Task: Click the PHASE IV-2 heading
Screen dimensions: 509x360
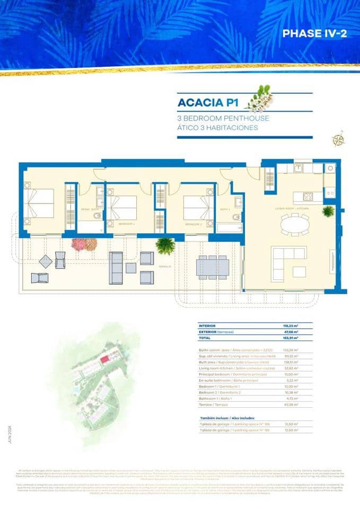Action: coord(314,34)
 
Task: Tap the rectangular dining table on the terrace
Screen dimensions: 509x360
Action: coord(213,266)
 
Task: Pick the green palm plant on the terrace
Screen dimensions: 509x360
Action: coord(165,245)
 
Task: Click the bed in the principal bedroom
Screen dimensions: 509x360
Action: coord(39,203)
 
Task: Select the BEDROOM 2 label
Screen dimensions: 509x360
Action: coord(192,224)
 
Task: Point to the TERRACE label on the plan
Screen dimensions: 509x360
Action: coord(164,266)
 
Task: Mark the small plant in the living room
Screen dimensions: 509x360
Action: coord(328,211)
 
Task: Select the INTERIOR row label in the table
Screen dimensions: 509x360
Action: coord(208,326)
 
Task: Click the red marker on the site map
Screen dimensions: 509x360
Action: coord(104,360)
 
